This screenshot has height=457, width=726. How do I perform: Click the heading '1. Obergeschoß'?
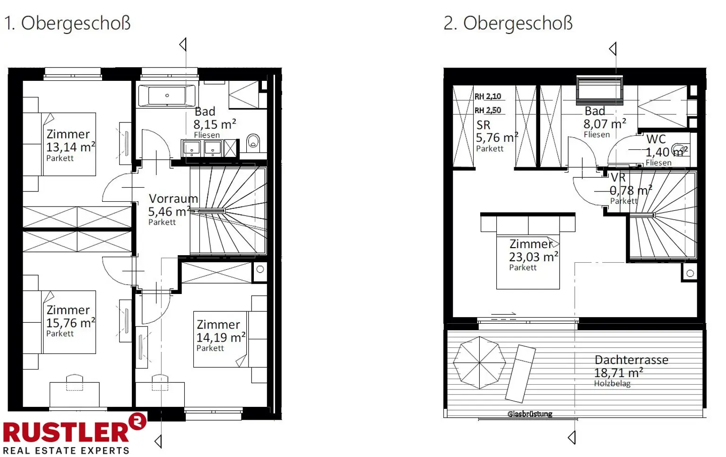67,23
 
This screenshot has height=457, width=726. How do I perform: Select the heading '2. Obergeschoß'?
508,23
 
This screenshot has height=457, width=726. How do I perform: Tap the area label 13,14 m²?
70,147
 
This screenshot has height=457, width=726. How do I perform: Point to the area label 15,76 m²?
70,323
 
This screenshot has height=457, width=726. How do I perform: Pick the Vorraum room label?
173,198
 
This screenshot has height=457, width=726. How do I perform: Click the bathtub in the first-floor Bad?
166,96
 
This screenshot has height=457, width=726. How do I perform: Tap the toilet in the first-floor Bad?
253,141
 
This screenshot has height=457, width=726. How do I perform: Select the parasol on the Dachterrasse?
479,362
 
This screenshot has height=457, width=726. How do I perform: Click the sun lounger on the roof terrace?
520,373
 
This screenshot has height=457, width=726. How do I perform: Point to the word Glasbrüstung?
529,414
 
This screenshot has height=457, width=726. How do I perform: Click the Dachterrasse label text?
631,360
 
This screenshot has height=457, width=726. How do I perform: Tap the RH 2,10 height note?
488,96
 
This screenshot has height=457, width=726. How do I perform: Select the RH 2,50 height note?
488,111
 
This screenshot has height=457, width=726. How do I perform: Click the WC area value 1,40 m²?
666,152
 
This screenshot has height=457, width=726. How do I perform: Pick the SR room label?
483,125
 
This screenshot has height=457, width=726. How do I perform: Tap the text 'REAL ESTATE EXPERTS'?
66,450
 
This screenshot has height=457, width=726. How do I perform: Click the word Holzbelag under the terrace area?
612,383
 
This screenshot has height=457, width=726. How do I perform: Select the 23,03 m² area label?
533,257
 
